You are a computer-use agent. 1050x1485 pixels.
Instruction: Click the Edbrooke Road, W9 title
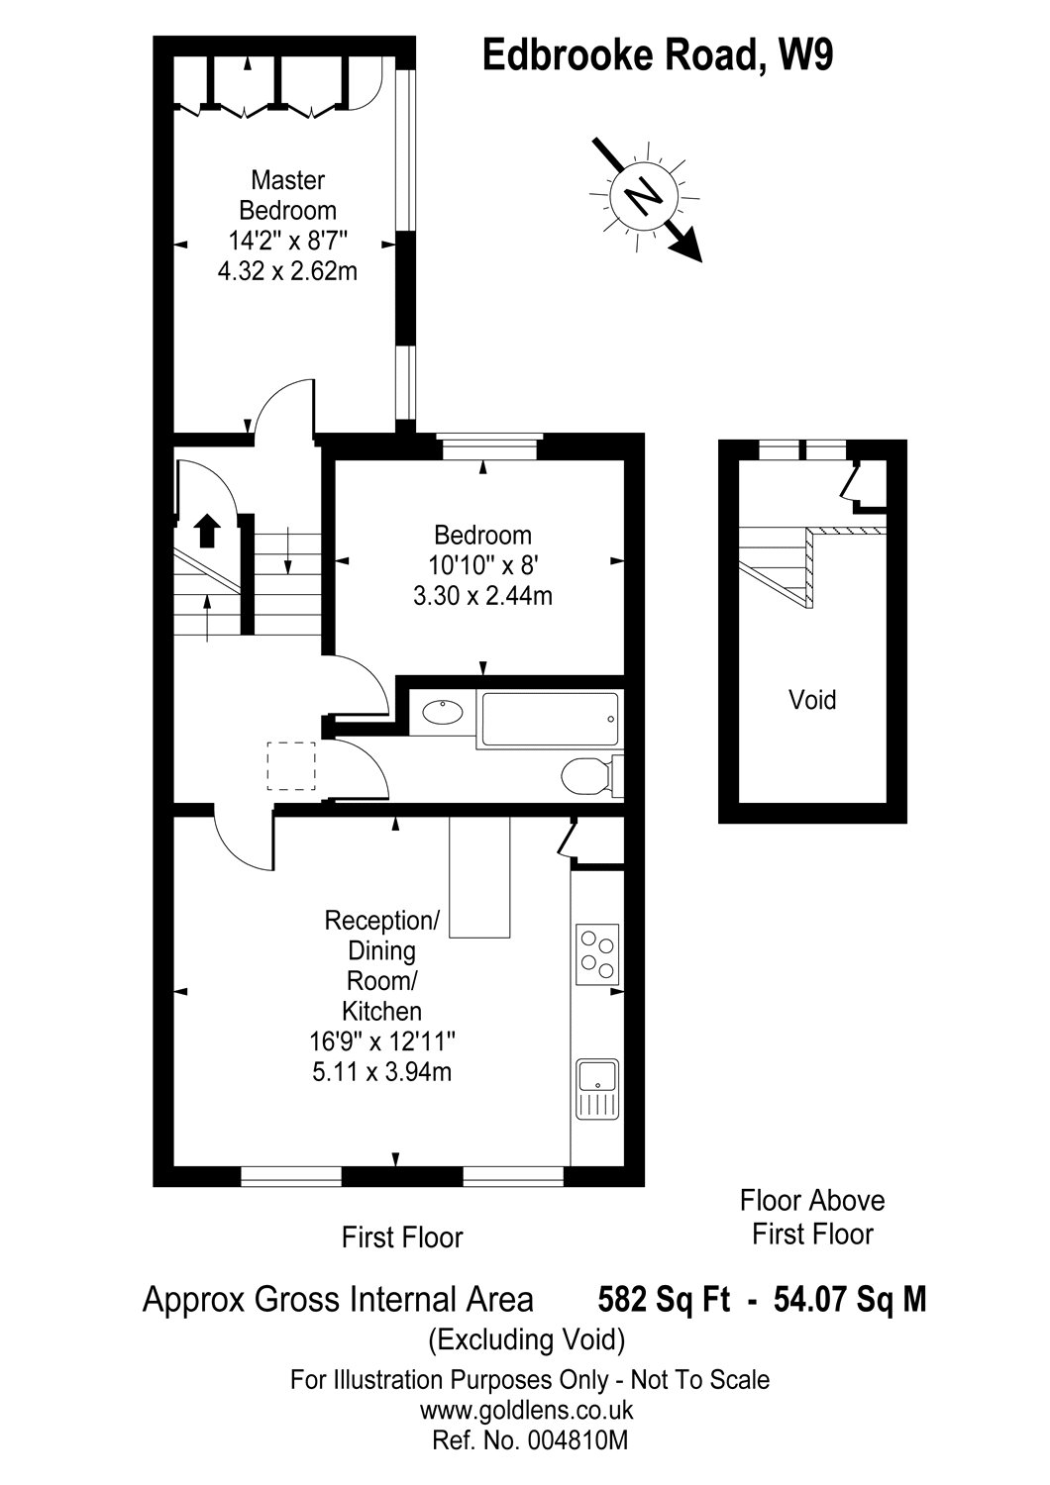click(x=657, y=55)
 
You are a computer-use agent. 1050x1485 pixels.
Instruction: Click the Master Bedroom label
click(x=288, y=195)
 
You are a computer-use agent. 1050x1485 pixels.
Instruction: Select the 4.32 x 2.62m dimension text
click(x=287, y=271)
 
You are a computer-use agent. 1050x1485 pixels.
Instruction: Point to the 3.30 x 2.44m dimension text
click(x=482, y=596)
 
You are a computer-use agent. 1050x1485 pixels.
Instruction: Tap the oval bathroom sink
click(x=443, y=713)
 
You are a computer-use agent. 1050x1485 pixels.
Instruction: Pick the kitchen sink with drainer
click(x=597, y=1089)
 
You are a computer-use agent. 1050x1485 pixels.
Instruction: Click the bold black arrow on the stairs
click(x=207, y=531)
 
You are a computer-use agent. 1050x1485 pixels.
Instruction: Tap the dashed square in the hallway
click(x=291, y=765)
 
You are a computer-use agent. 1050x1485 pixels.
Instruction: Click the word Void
click(x=812, y=699)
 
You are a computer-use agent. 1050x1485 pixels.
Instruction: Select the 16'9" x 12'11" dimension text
click(x=382, y=1041)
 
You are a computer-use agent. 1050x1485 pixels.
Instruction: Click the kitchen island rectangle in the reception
click(x=479, y=876)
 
